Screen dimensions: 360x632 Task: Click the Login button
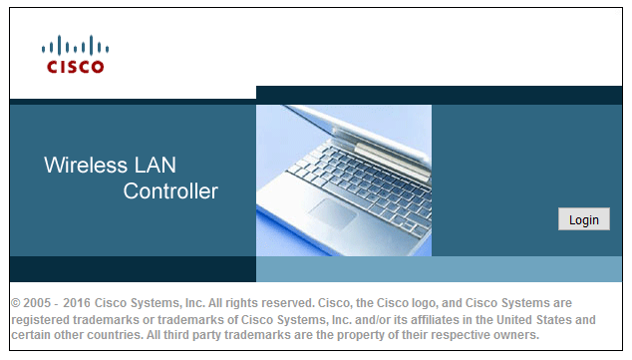583,219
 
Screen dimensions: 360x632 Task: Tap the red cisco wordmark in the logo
75,67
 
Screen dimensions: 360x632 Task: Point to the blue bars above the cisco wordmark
75,46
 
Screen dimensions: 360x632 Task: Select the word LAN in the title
155,165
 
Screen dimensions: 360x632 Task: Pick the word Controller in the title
170,190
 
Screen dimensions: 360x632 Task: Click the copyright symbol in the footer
16,302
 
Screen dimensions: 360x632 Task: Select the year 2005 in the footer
38,302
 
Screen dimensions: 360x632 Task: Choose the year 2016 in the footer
78,302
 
